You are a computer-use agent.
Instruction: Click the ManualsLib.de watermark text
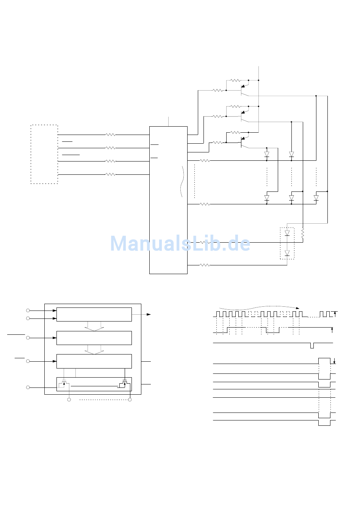180,243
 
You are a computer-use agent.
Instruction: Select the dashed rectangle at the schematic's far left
31,154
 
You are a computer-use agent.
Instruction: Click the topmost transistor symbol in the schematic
244,90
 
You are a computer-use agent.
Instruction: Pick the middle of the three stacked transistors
244,116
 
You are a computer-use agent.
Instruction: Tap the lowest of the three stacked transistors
244,142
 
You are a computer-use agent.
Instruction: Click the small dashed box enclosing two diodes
280,243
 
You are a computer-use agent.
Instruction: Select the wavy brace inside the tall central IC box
182,181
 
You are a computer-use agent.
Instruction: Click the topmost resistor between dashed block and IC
111,135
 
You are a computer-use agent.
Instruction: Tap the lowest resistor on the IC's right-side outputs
205,265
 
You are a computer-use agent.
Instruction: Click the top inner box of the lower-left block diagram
94,314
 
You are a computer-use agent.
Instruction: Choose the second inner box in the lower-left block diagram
94,338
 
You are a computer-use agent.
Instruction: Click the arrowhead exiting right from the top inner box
149,314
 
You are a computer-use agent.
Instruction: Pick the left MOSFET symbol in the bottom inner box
64,384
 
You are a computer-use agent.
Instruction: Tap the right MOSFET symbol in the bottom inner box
125,384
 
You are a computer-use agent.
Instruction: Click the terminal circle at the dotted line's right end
130,400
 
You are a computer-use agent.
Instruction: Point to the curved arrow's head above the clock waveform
298,308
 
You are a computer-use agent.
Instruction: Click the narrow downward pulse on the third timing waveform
312,346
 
